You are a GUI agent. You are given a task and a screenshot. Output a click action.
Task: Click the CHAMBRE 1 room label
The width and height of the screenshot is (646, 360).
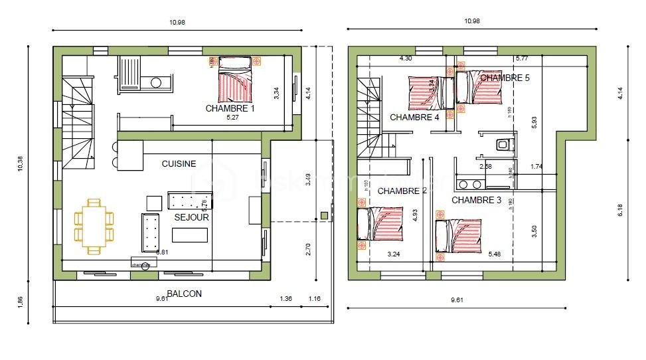click(x=230, y=108)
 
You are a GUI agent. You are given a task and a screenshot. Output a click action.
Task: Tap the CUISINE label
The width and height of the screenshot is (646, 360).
click(x=179, y=163)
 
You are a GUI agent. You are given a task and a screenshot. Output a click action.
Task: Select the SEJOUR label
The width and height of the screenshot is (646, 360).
click(x=192, y=217)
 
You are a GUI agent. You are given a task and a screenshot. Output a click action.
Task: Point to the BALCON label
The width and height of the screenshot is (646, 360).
click(x=184, y=293)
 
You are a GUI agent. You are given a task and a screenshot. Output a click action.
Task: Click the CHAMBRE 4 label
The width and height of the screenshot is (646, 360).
click(x=414, y=118)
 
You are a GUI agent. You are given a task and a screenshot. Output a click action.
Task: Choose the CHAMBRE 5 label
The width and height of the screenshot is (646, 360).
click(x=505, y=78)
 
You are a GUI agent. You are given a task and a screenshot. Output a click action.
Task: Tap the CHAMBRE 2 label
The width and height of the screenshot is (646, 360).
click(x=402, y=191)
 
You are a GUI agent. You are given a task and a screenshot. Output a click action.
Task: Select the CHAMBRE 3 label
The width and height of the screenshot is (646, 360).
click(x=477, y=199)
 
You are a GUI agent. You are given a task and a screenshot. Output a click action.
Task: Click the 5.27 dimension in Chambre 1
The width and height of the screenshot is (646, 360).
click(x=232, y=118)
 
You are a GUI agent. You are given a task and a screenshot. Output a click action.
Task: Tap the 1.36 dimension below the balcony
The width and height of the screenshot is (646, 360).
click(x=286, y=299)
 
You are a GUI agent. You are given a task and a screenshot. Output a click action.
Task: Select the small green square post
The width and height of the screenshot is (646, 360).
click(x=323, y=215)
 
